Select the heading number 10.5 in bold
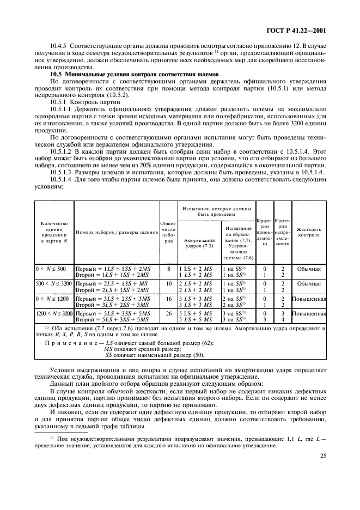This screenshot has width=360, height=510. (x=57, y=74)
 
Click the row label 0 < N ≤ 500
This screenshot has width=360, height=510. (x=50, y=269)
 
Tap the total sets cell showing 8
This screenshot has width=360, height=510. (x=168, y=269)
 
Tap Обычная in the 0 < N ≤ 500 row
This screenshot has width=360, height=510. (x=309, y=269)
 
